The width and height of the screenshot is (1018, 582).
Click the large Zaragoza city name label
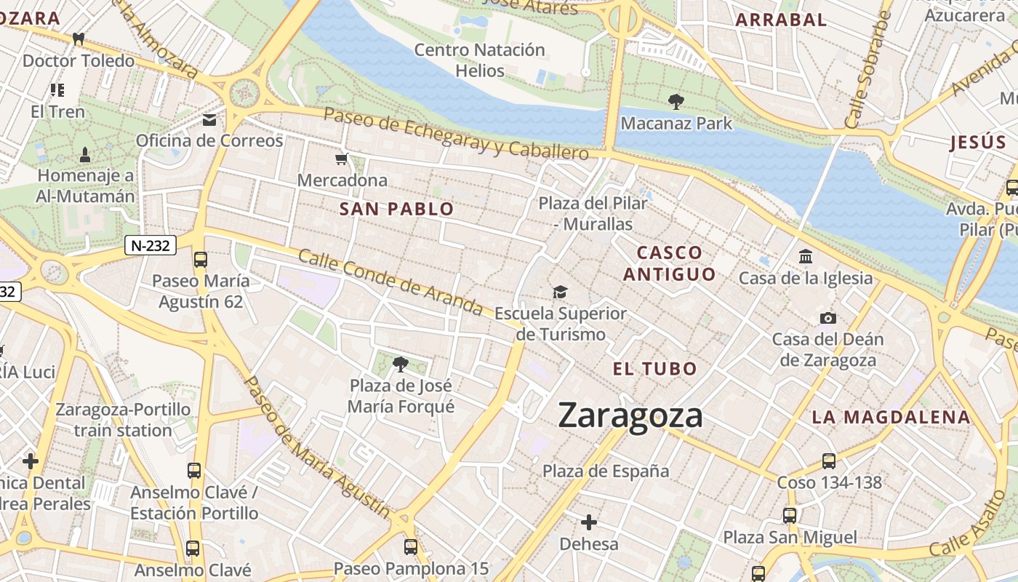(630, 415)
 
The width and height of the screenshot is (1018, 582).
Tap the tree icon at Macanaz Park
(676, 101)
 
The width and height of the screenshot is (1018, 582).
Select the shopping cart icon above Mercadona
(342, 159)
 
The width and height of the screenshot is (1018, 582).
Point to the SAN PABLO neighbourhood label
(397, 210)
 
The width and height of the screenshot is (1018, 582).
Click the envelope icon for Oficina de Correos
(209, 119)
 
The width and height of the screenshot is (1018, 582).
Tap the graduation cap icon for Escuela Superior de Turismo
(560, 292)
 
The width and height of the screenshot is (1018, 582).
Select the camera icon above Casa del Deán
(827, 318)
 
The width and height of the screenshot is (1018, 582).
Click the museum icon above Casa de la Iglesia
(806, 256)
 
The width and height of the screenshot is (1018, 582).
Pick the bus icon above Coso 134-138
(829, 461)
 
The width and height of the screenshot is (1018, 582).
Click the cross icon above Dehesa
(589, 522)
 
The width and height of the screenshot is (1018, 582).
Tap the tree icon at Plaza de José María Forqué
(400, 364)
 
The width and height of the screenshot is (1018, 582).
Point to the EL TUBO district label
(654, 369)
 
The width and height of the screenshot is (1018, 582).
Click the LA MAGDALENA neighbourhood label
(891, 418)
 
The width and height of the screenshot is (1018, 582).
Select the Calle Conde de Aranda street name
(390, 282)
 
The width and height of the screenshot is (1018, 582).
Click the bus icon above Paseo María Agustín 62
(201, 259)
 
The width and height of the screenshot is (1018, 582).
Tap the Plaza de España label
(606, 471)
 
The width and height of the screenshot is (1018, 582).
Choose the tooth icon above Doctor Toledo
(79, 39)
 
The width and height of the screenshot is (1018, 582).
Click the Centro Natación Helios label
(479, 60)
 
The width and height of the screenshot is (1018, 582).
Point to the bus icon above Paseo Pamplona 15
(411, 546)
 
